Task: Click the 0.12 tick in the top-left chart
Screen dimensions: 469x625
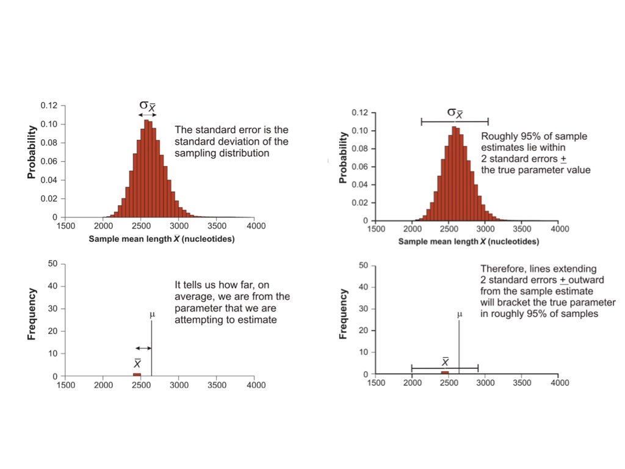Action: pos(49,106)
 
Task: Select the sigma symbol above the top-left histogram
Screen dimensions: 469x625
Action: pos(143,106)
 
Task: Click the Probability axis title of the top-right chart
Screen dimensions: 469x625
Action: pos(344,158)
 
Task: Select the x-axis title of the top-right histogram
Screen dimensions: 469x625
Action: pos(469,242)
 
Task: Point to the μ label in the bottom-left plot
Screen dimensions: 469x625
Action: pos(152,315)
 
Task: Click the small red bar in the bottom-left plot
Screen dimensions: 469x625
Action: pos(137,374)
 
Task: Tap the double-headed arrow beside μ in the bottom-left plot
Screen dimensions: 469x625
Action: pos(143,348)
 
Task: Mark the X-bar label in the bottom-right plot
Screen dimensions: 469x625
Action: pos(445,362)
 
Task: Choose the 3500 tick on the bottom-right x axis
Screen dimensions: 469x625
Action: pos(522,383)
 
